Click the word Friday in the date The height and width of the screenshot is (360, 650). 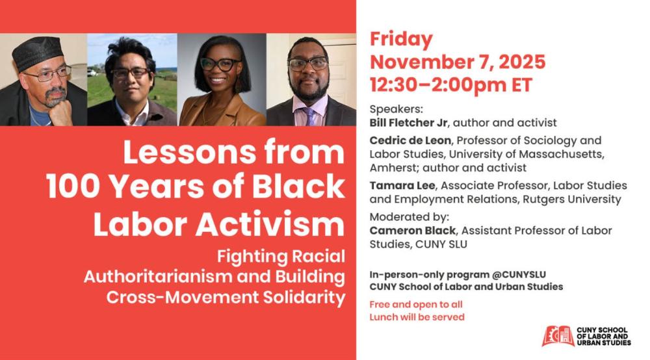point(401,40)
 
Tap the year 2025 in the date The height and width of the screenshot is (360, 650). point(522,62)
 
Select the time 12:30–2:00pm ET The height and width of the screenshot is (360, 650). point(450,85)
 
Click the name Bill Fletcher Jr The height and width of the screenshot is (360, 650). point(409,123)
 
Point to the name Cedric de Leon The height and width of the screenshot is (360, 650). point(410,140)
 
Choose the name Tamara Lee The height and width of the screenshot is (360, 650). point(402,185)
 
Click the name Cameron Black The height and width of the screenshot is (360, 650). point(413,230)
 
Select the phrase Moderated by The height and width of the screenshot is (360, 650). point(409,216)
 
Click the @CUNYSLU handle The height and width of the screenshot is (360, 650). point(519,275)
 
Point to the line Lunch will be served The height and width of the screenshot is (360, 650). point(417,317)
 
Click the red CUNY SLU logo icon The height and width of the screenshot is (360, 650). point(558,336)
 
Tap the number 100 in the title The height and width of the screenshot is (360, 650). point(73,187)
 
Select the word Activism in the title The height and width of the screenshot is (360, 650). point(270,225)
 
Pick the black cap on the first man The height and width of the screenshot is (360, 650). point(36,53)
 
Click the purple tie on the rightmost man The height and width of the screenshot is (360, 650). point(309,116)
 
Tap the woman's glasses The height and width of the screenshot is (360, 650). point(220,64)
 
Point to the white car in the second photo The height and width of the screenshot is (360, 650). point(92,73)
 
